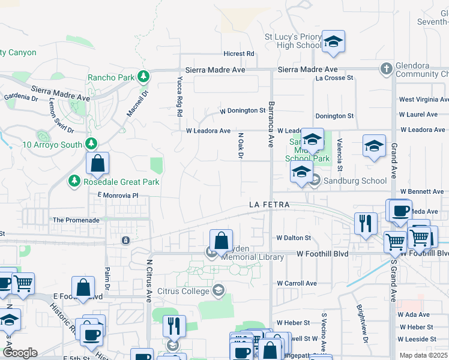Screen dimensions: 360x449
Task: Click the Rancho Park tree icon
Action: pos(143,77)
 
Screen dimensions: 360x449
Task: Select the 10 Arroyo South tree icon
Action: pos(91,144)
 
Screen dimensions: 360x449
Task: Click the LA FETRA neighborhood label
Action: pos(270,205)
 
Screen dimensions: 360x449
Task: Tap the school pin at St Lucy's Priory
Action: pos(333,42)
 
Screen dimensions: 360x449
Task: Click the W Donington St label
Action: pos(243,111)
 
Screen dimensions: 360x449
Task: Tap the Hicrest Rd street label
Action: pos(238,54)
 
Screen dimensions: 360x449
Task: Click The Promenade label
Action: pos(76,220)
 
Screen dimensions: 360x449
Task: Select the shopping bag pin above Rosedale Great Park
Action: pos(97,163)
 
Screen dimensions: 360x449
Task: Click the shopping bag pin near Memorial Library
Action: pos(221,241)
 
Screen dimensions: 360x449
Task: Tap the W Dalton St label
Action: pos(294,238)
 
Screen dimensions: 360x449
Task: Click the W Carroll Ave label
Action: pos(297,283)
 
